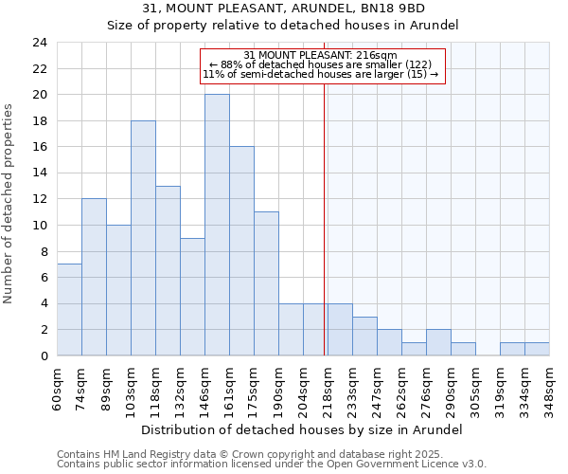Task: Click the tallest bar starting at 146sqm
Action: (x=217, y=225)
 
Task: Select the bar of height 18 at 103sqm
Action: (x=143, y=238)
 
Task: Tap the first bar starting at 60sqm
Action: (x=69, y=310)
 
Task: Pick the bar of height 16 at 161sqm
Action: (x=241, y=251)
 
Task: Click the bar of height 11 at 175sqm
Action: (x=266, y=283)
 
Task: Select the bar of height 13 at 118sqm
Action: (x=168, y=271)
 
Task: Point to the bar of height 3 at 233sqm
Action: (x=364, y=336)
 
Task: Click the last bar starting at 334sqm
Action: (x=537, y=349)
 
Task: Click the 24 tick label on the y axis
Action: (x=39, y=43)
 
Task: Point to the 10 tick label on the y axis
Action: (x=39, y=226)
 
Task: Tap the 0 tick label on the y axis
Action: (x=43, y=356)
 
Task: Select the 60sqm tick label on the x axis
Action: (x=58, y=385)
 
